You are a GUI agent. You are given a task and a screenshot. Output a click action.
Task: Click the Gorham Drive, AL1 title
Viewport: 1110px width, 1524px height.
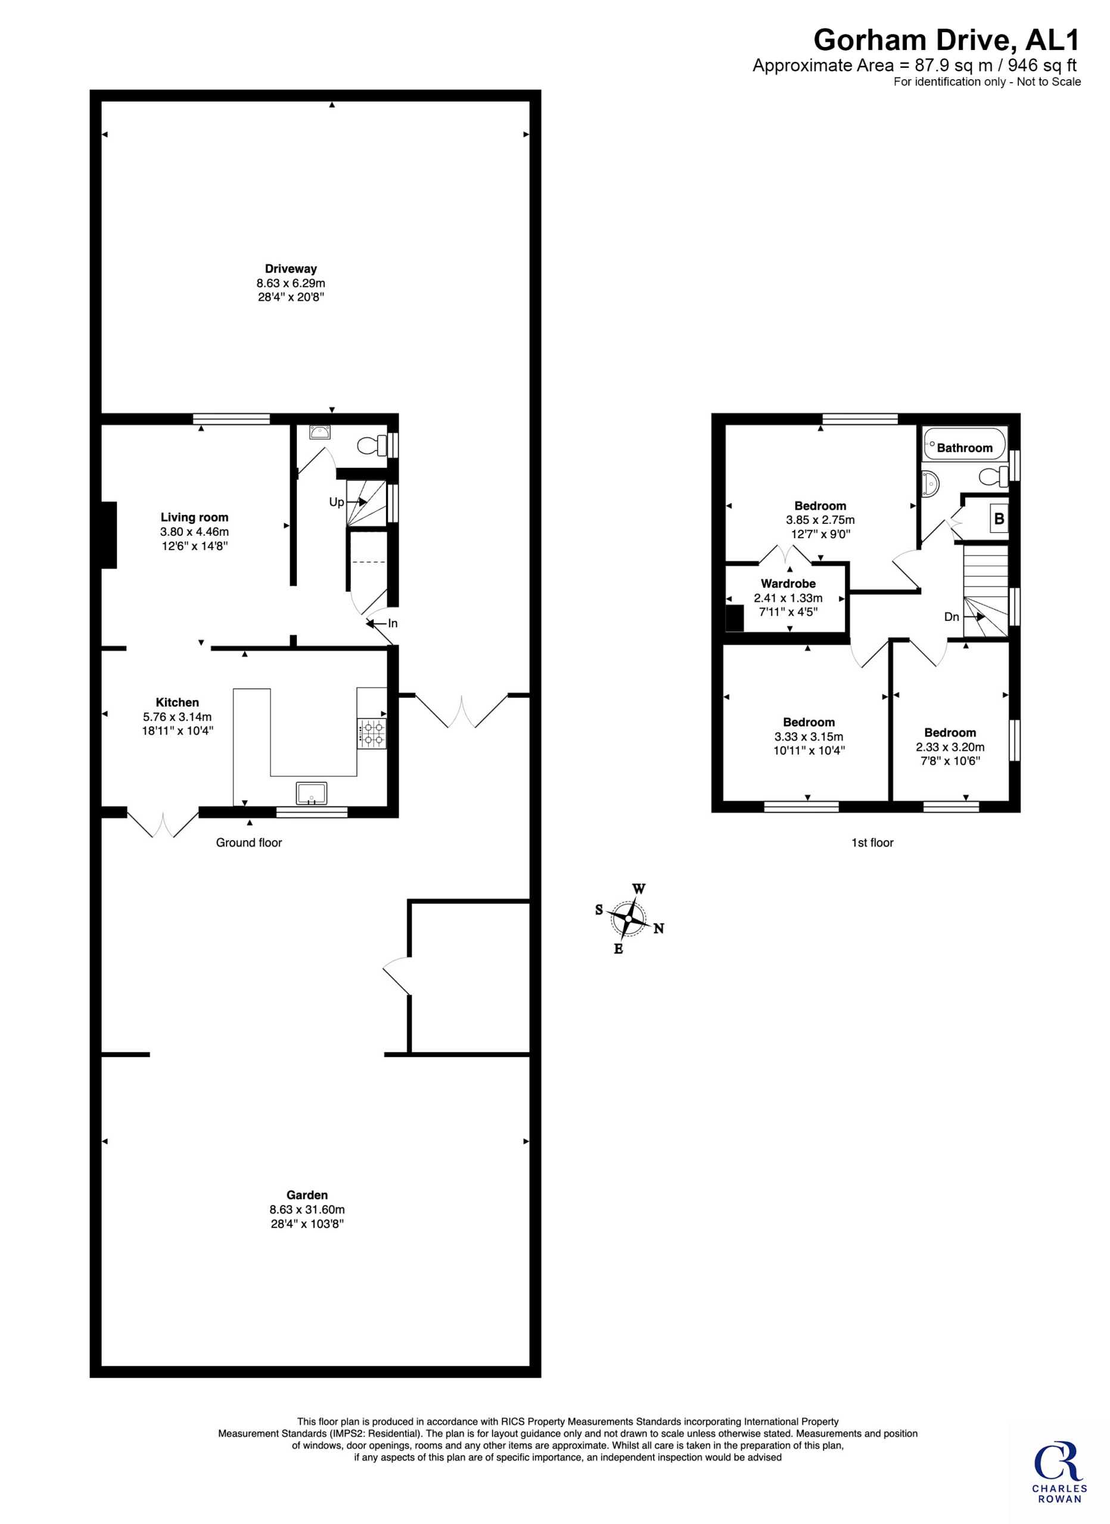click(x=946, y=40)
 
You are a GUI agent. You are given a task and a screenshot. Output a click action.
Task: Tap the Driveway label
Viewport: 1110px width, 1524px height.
click(x=290, y=268)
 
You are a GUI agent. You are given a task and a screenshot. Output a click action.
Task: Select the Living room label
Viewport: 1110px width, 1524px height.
click(x=194, y=517)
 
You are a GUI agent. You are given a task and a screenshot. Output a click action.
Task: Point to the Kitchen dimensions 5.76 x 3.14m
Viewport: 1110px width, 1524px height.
click(x=177, y=717)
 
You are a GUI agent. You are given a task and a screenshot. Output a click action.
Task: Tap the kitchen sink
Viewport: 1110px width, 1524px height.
click(x=311, y=793)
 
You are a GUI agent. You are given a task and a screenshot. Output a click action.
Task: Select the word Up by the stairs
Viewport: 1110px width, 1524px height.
click(x=336, y=502)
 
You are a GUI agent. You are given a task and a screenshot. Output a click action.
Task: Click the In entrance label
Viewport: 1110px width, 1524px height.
click(x=393, y=623)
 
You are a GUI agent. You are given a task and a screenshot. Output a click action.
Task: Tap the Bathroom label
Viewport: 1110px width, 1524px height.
click(x=964, y=448)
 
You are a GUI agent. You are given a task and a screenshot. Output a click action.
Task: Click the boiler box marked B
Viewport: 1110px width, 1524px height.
click(x=999, y=519)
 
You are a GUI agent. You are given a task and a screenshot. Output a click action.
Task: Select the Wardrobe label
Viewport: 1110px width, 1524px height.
click(x=788, y=584)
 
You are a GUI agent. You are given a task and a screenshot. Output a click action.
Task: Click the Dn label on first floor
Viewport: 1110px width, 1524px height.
click(x=952, y=617)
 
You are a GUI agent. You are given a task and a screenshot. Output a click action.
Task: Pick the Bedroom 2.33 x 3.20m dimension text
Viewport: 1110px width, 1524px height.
click(x=950, y=747)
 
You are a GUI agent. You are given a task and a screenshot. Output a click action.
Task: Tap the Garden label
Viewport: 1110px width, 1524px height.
click(x=307, y=1195)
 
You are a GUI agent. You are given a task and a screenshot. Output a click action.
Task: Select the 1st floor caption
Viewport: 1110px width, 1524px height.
click(x=872, y=842)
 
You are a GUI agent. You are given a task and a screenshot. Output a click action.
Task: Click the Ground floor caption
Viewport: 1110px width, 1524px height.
click(x=249, y=842)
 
